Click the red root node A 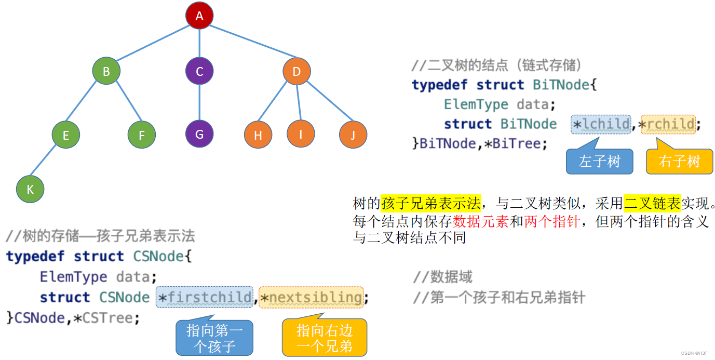(199, 16)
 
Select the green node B (106, 71)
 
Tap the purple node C (199, 71)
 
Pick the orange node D (297, 71)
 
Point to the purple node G (199, 134)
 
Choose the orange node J (353, 135)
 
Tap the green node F (142, 135)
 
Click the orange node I (301, 134)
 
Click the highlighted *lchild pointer (601, 124)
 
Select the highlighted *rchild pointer (668, 124)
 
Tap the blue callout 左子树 (599, 162)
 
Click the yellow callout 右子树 (679, 162)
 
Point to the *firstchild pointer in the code (205, 298)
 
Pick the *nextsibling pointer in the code (311, 298)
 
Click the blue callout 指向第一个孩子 (214, 338)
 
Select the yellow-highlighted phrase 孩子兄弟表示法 (431, 203)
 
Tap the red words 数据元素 (481, 222)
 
